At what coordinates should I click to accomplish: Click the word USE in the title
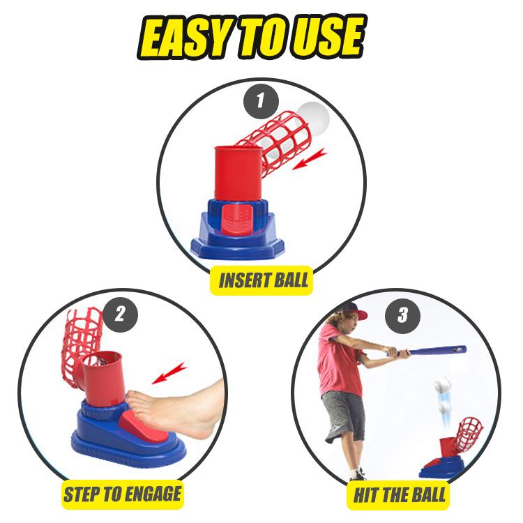pos(328,36)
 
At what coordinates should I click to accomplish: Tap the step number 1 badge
pos(261,101)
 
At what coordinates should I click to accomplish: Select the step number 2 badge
pos(121,314)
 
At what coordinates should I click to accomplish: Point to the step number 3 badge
pos(402,316)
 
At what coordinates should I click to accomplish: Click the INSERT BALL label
pos(261,280)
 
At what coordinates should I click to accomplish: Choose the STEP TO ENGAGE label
pos(123,494)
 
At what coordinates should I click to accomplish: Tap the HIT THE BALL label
pos(400,495)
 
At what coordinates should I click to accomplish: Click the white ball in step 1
pos(313,116)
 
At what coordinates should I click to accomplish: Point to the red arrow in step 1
pos(310,159)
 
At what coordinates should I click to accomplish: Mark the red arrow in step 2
pos(169,373)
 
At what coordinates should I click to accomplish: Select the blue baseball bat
pos(430,351)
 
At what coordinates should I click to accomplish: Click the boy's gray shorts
pos(344,416)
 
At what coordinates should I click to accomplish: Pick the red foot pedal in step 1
pos(236,220)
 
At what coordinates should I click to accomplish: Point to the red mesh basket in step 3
pos(469,432)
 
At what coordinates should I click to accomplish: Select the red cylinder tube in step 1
pos(238,173)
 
